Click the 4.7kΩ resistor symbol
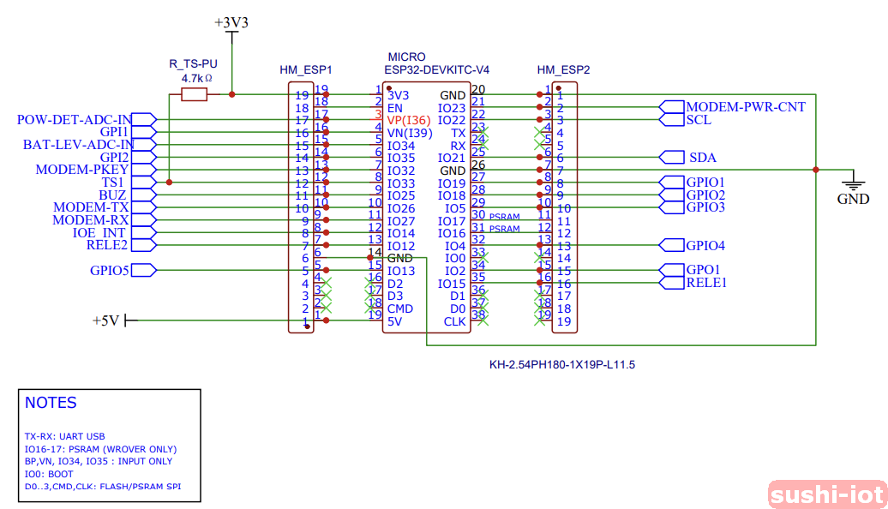click(195, 95)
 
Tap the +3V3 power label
click(231, 23)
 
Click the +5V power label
click(106, 320)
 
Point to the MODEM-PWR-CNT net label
click(745, 107)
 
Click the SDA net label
click(702, 158)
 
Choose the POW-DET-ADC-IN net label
click(75, 120)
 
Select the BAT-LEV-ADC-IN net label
click(78, 145)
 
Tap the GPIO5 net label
click(110, 271)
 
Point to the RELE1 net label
click(706, 283)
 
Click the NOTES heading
click(51, 403)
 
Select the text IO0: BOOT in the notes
click(49, 474)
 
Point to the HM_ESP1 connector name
click(305, 69)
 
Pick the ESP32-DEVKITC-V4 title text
click(436, 69)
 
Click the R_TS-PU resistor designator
click(193, 64)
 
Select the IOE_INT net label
click(99, 233)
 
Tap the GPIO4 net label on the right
click(705, 246)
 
